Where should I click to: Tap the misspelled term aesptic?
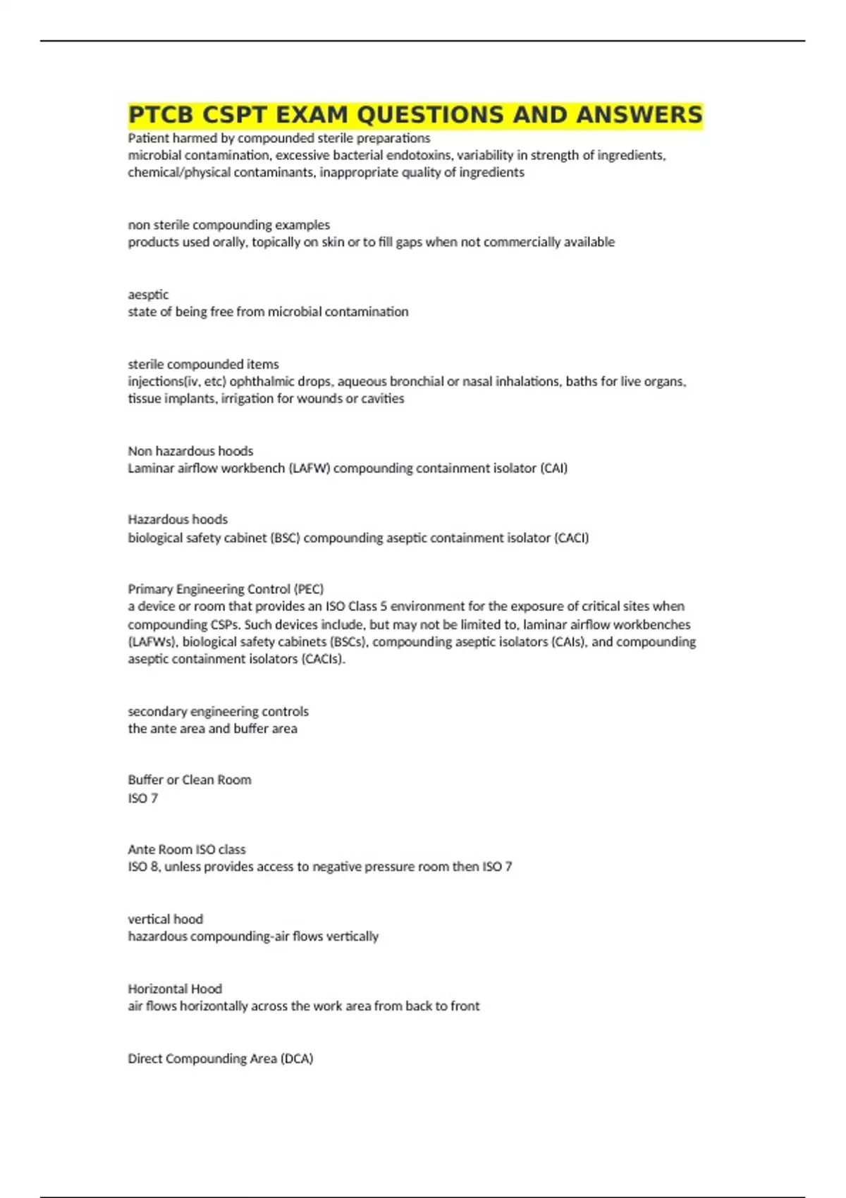click(148, 295)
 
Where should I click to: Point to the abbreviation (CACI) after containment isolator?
click(571, 538)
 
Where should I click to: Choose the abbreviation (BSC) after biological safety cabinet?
click(285, 538)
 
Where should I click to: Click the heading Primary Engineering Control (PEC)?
click(226, 589)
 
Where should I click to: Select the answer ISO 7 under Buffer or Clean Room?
click(143, 798)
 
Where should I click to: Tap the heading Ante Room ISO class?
click(187, 849)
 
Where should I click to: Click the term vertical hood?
click(165, 919)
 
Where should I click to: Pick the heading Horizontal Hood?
click(175, 989)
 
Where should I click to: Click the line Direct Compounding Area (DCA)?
click(220, 1058)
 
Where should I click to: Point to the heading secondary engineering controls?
click(218, 711)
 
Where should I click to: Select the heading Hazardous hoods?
click(178, 519)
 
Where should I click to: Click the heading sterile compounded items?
click(203, 364)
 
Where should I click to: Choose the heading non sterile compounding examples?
click(228, 225)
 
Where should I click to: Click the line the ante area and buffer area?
click(212, 729)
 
